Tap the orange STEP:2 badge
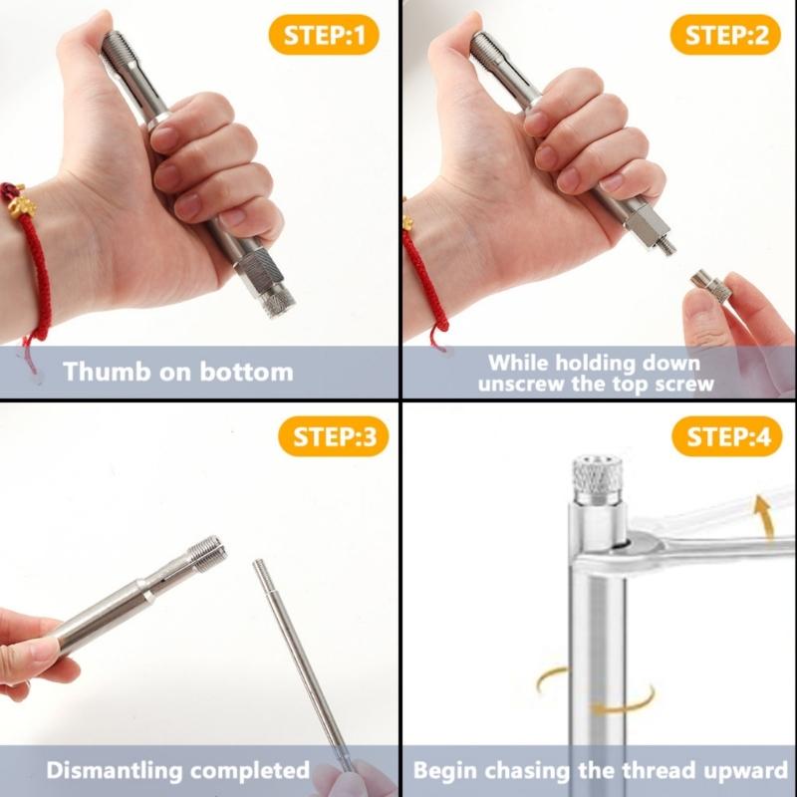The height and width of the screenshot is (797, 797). click(728, 37)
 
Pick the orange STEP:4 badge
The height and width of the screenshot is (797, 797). click(728, 438)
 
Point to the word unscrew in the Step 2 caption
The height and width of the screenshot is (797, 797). click(525, 383)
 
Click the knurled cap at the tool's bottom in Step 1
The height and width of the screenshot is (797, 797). click(268, 284)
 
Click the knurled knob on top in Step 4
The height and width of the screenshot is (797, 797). click(597, 478)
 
